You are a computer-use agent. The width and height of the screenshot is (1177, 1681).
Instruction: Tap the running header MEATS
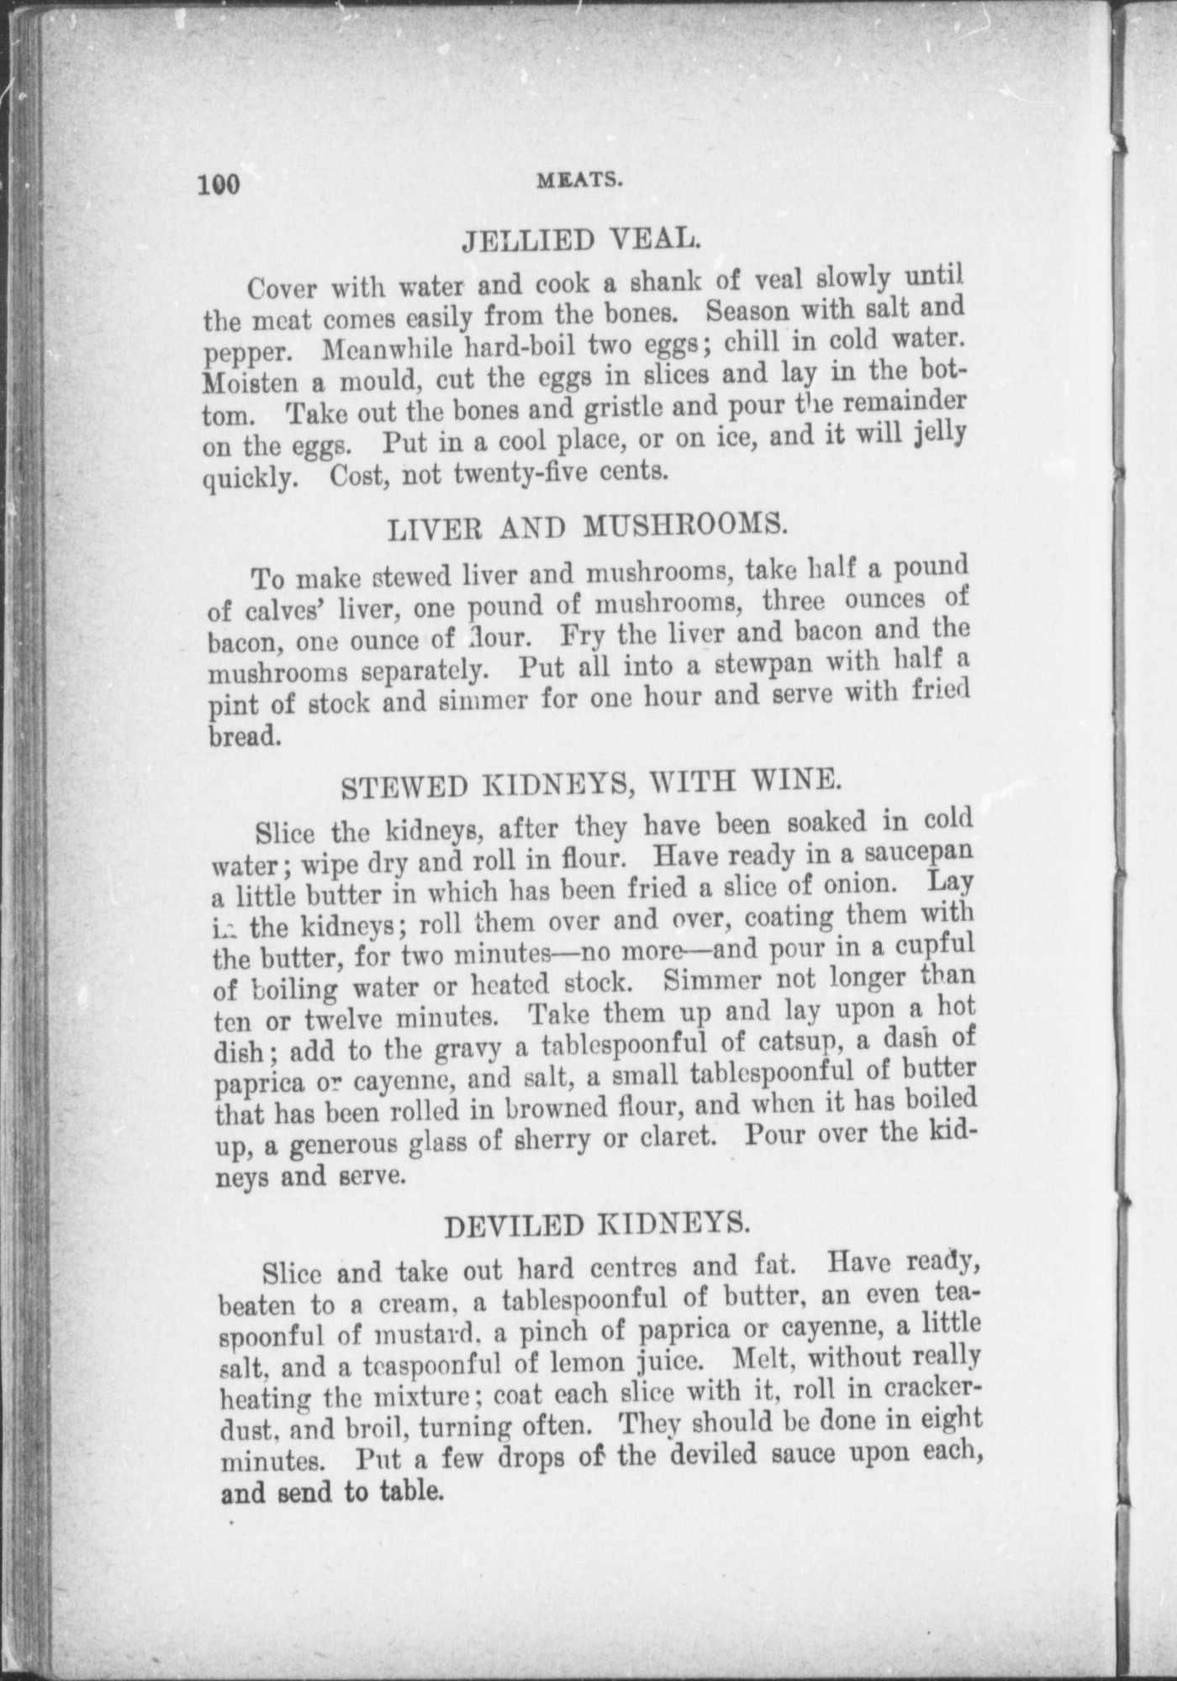pos(580,179)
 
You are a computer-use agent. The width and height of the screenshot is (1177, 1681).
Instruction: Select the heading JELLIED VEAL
pos(581,242)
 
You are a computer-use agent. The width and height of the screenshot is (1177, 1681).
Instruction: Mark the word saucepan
pos(921,852)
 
